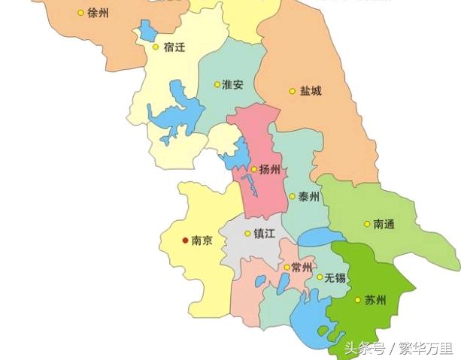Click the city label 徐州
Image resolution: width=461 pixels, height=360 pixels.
(99, 13)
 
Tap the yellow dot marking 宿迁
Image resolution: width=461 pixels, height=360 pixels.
(156, 47)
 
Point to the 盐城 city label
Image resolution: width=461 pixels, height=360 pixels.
(311, 91)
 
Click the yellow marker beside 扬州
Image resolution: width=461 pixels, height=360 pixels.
(254, 169)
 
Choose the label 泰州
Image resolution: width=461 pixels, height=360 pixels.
(309, 197)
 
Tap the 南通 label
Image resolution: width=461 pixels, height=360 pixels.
(384, 223)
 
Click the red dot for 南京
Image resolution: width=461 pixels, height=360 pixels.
(185, 241)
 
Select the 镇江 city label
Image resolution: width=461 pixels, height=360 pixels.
(264, 233)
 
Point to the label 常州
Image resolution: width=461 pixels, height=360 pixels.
(302, 268)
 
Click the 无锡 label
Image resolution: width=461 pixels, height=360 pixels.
(335, 277)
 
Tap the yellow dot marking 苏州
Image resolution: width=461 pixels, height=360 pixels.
(357, 300)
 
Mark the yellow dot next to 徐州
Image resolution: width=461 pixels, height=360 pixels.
(80, 13)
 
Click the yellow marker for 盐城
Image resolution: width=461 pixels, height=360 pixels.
(293, 91)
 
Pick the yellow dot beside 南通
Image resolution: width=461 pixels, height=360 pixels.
(367, 223)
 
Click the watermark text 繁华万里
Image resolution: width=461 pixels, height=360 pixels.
(426, 348)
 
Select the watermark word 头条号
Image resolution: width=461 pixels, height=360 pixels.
(365, 348)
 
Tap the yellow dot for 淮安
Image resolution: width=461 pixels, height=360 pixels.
(217, 84)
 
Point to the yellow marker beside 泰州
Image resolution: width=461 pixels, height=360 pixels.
(292, 196)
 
